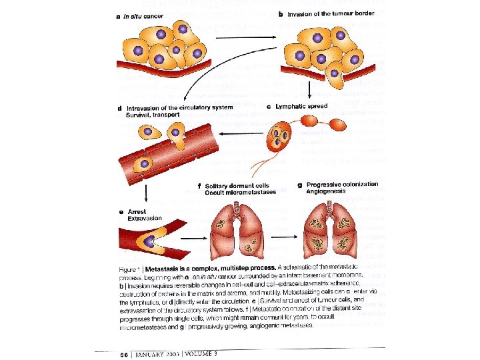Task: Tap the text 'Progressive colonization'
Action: pos(342,184)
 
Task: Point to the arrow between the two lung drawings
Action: pos(287,233)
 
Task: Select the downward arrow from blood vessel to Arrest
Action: pos(145,193)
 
